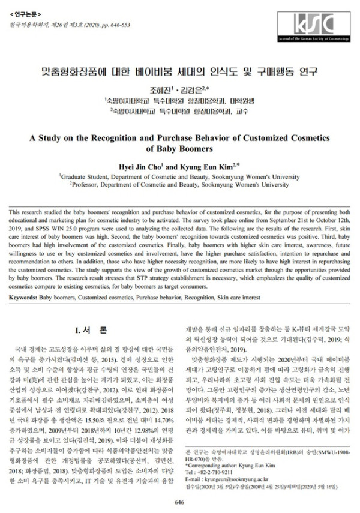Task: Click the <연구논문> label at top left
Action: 25,11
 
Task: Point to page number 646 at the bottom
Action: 179,502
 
